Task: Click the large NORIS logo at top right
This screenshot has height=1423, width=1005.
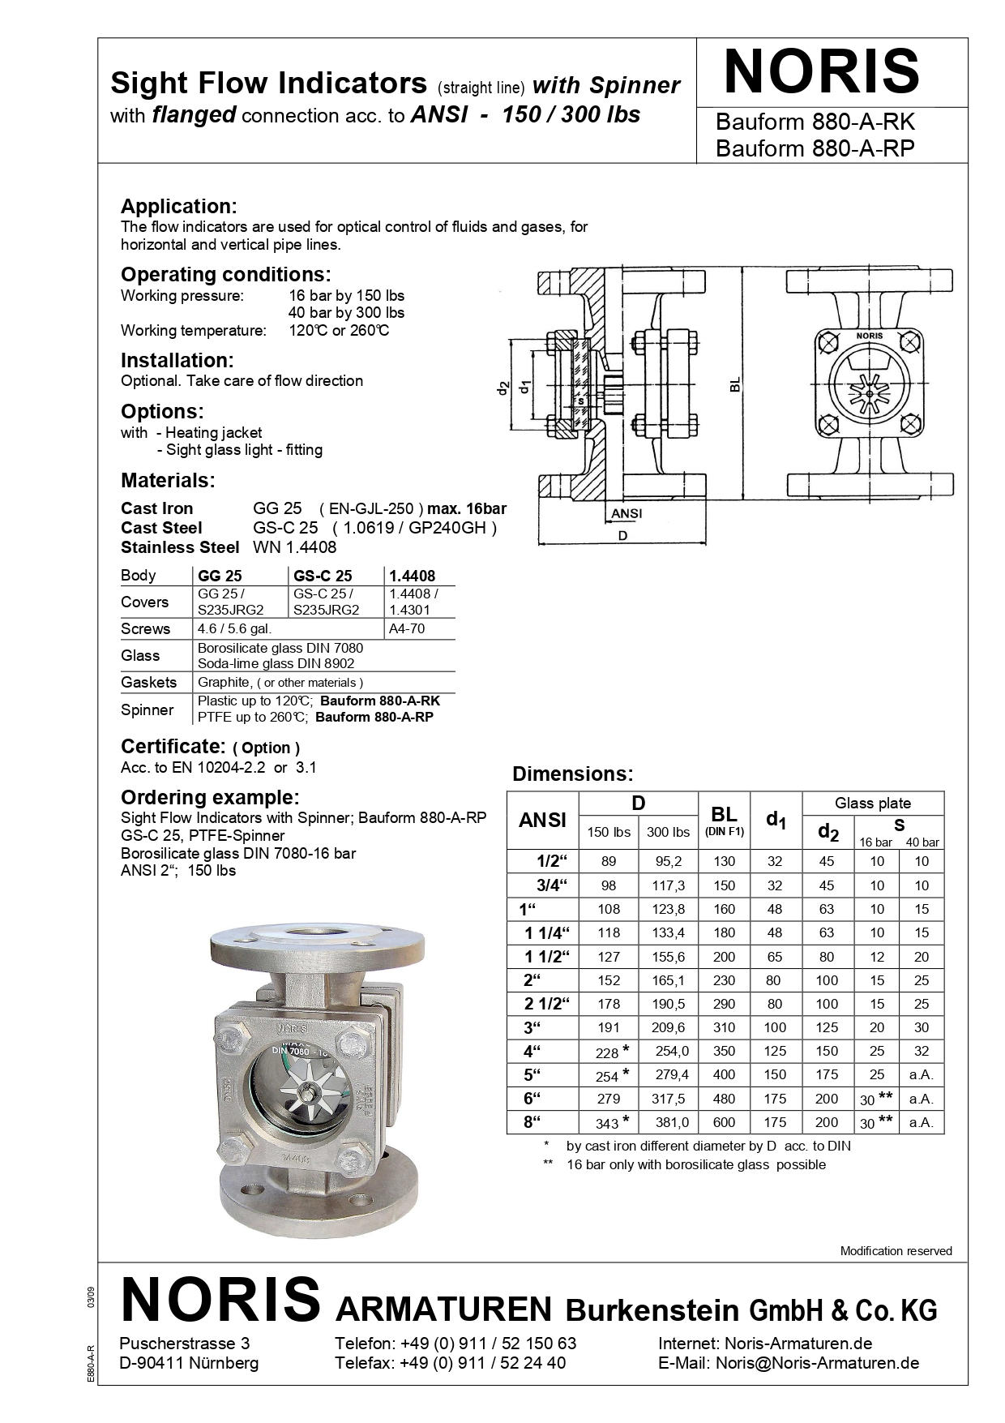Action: coord(821,72)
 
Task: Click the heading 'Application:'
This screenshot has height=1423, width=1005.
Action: coord(178,206)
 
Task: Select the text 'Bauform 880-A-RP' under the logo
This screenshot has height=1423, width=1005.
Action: coord(815,148)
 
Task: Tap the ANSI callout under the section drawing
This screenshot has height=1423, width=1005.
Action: coord(626,513)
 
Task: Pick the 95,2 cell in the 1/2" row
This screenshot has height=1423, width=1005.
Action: coord(668,861)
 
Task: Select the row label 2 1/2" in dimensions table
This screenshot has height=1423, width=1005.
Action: coord(543,1004)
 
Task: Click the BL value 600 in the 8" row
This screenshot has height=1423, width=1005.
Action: coord(724,1122)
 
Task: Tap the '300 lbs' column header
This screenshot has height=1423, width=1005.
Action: coord(668,832)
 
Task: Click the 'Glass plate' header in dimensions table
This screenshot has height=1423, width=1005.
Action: coord(872,804)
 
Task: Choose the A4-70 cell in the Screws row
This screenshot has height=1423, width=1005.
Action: coord(406,628)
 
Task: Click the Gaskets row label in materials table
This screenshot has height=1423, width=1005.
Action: coord(148,682)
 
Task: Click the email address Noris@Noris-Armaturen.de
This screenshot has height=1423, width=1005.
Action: coord(817,1363)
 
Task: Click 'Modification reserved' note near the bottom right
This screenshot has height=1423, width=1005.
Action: coord(896,1251)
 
